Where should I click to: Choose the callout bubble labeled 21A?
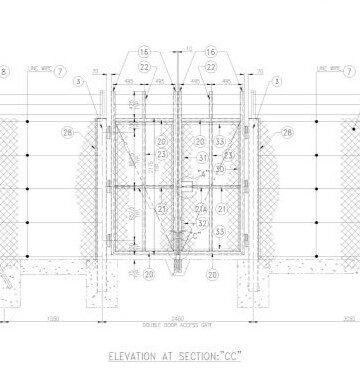(202, 208)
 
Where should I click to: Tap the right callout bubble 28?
(287, 132)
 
